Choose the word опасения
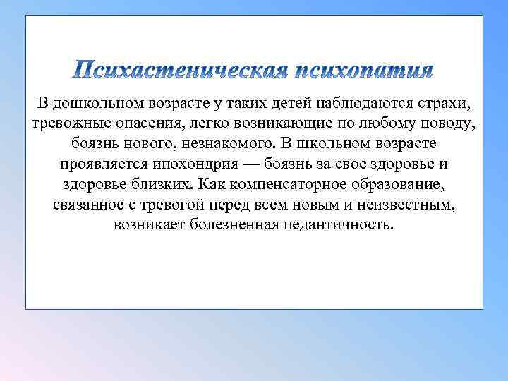[146, 125]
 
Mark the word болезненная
[244, 225]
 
